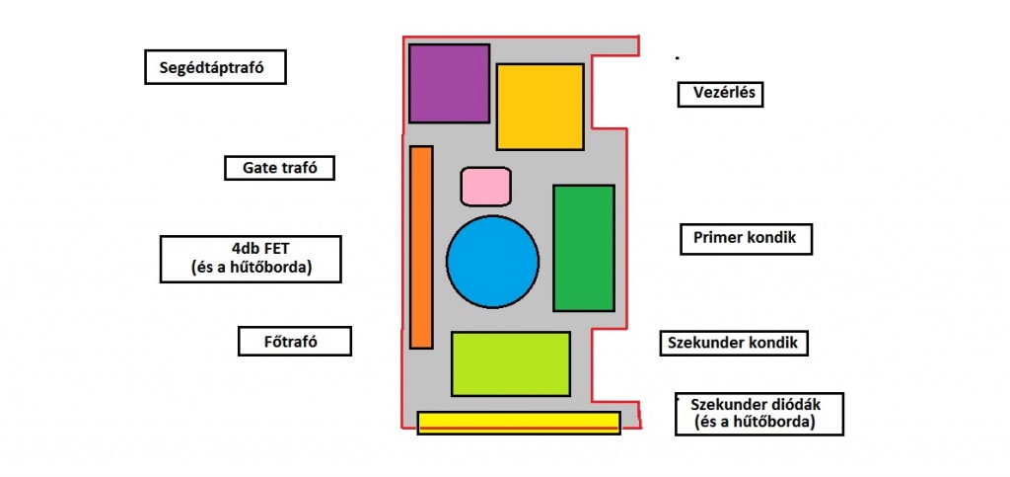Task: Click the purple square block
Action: click(x=449, y=83)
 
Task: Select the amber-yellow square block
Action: click(x=541, y=106)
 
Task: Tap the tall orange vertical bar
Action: click(x=421, y=247)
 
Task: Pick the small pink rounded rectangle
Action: click(x=485, y=186)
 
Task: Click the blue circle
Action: click(x=492, y=262)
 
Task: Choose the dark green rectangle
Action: click(x=583, y=248)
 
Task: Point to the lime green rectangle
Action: click(x=510, y=363)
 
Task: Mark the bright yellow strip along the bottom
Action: click(x=518, y=423)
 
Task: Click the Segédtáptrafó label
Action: click(x=214, y=67)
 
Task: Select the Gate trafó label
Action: click(x=279, y=168)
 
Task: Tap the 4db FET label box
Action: click(x=251, y=259)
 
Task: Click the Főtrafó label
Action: click(x=295, y=341)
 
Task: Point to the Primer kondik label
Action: click(x=746, y=238)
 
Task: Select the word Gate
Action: click(x=260, y=168)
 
